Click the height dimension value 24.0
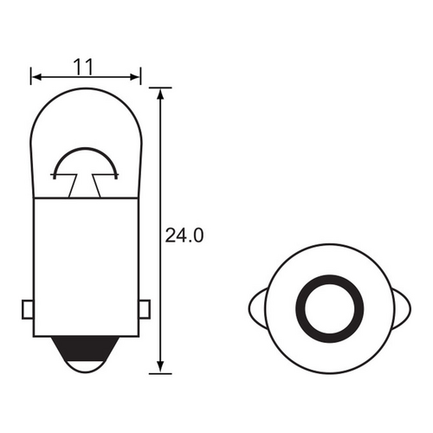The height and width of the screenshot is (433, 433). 184,234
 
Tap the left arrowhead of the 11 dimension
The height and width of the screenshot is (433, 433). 36,77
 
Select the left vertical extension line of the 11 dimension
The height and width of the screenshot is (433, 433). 31,82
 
